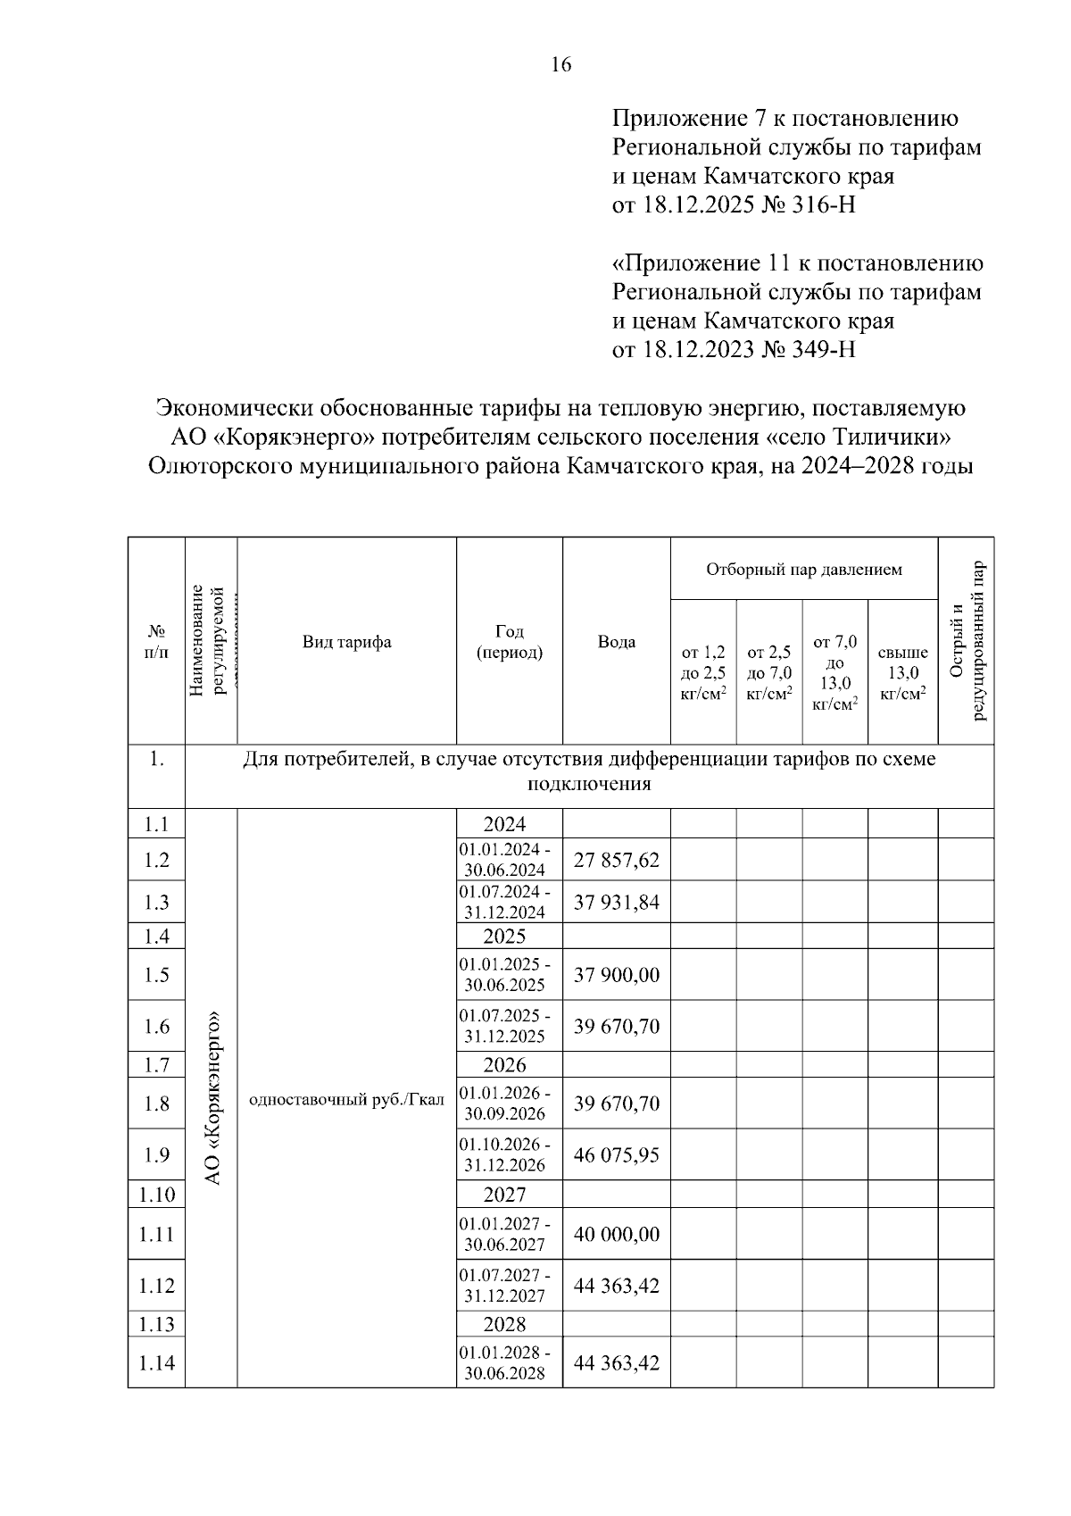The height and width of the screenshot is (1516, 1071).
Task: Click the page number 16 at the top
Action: (560, 64)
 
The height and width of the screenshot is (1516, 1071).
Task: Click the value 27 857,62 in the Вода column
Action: (616, 860)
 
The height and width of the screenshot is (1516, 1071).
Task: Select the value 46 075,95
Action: (616, 1155)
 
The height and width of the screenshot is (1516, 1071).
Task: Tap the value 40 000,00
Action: (616, 1235)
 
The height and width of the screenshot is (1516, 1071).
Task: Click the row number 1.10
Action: (156, 1195)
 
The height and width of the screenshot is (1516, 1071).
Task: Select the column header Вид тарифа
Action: (346, 642)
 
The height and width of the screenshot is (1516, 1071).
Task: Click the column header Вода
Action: (616, 642)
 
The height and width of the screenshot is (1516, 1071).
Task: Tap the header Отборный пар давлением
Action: (803, 569)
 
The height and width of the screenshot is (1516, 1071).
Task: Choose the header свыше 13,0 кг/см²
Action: (902, 673)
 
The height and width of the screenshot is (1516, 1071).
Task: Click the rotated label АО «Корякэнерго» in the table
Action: (212, 1098)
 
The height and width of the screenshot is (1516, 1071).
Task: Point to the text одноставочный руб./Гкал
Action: (346, 1100)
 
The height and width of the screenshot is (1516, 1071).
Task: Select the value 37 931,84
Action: (616, 903)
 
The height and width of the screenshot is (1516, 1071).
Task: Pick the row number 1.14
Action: (156, 1363)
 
